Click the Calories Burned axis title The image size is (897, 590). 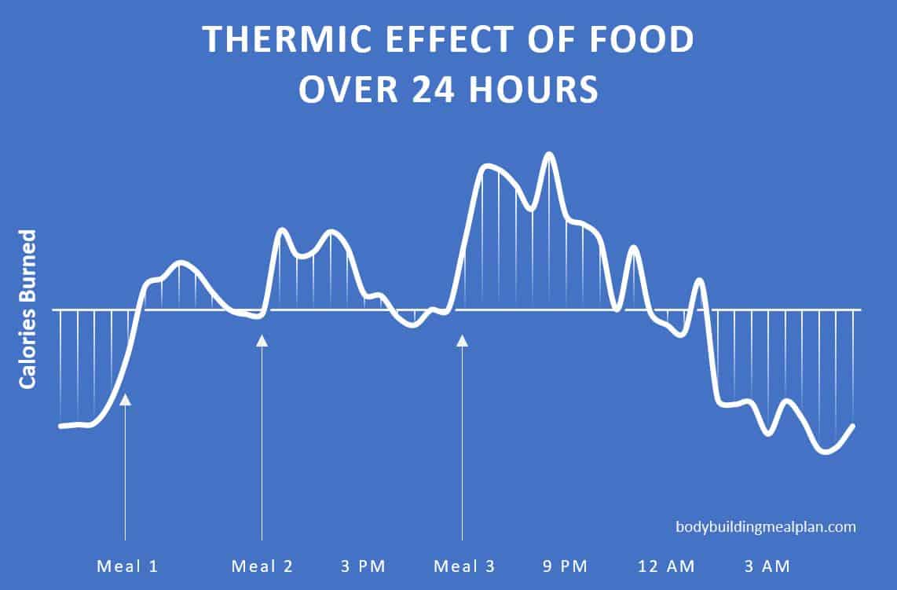[x=28, y=309]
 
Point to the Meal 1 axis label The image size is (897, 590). [x=127, y=566]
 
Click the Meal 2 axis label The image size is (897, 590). [x=262, y=566]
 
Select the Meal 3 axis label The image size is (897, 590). [x=464, y=566]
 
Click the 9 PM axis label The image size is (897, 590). [x=564, y=566]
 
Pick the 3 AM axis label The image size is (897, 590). [x=766, y=566]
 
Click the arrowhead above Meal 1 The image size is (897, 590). [x=125, y=399]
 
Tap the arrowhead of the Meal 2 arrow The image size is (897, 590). [x=262, y=340]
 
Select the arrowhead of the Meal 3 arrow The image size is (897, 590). [x=463, y=340]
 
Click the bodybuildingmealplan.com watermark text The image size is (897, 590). [x=766, y=527]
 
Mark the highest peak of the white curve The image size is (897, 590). [x=549, y=154]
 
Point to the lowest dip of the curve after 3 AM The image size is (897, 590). [x=825, y=452]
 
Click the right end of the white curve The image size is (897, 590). [x=852, y=426]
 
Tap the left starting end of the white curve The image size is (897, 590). [x=60, y=427]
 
